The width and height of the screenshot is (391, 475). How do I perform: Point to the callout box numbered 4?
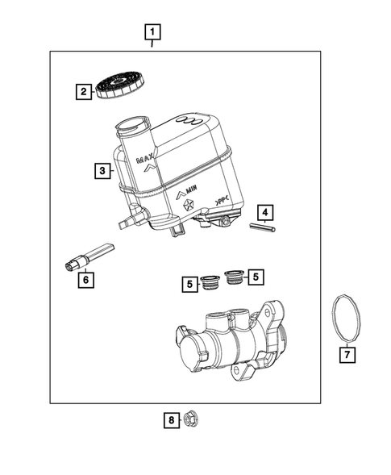tap(264, 213)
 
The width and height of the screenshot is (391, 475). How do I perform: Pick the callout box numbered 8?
tap(171, 419)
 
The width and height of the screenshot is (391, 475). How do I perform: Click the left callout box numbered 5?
tap(188, 283)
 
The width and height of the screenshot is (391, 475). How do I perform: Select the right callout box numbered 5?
tap(256, 277)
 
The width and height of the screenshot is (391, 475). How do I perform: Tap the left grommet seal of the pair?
tap(210, 281)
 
